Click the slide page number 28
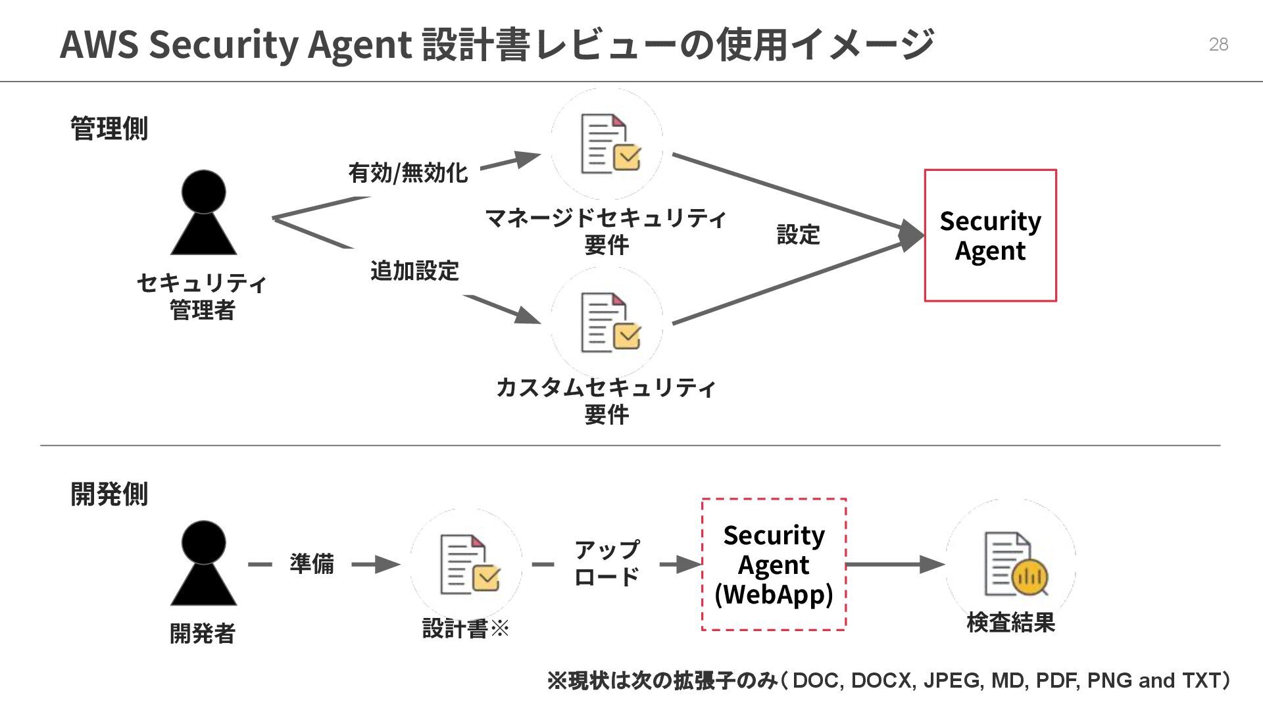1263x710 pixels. pos(1218,44)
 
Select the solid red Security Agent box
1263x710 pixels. pos(990,235)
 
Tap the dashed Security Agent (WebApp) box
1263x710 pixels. pos(774,565)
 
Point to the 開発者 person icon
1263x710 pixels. pos(203,563)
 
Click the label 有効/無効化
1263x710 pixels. pos(408,173)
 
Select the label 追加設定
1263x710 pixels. pos(414,271)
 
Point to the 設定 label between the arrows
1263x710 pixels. pos(798,235)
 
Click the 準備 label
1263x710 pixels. pos(311,564)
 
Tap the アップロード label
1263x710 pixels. pos(607,563)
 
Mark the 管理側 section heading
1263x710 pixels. pos(109,128)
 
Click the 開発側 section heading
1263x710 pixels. pos(109,494)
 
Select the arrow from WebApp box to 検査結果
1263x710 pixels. pos(895,564)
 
